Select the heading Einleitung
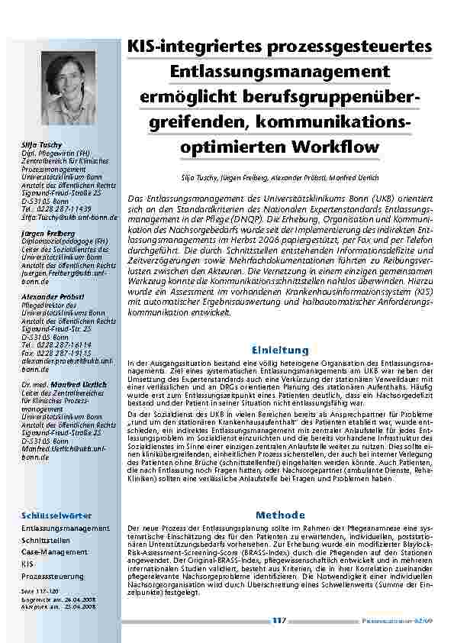(x=280, y=350)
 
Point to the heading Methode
(x=280, y=515)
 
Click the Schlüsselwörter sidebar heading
(x=50, y=515)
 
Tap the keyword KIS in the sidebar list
(x=27, y=564)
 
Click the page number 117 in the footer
(x=279, y=621)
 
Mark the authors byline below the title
(x=280, y=176)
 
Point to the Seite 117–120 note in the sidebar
(x=37, y=590)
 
